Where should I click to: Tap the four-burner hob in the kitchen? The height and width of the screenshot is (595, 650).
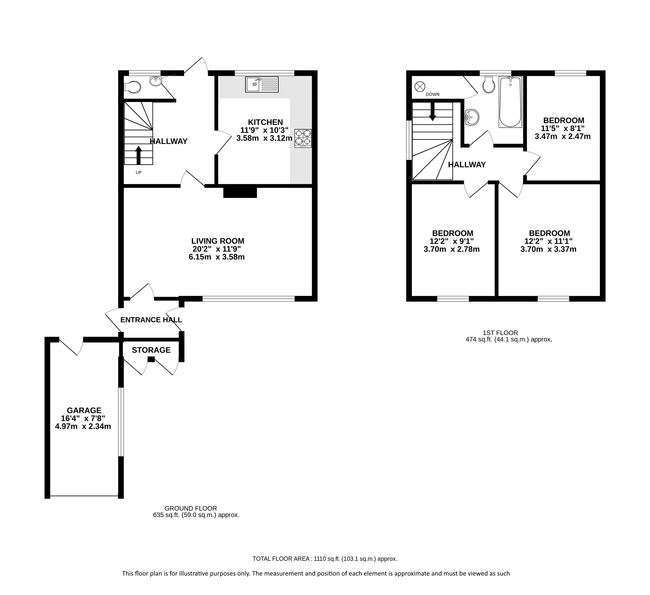click(303, 138)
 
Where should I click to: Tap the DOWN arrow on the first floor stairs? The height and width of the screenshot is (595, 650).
click(432, 111)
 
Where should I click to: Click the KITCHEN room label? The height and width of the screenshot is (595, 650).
click(265, 122)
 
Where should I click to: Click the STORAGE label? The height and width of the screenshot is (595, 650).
click(151, 350)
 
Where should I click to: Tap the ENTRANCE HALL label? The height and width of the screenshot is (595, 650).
click(151, 320)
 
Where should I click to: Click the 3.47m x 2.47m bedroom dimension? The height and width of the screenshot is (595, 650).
click(563, 136)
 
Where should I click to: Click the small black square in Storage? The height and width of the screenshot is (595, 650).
click(151, 359)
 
